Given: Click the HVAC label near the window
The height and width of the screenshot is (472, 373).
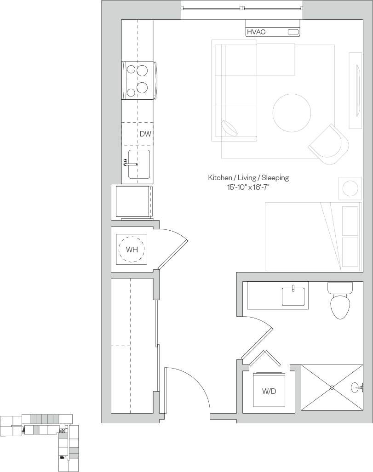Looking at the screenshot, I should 256,32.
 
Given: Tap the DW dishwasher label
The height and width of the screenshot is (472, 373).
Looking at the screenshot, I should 145,134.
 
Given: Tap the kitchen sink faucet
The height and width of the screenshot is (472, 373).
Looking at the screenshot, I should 129,163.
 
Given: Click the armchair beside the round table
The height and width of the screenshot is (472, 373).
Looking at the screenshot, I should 328,144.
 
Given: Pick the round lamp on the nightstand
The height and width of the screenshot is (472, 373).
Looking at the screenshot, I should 349,188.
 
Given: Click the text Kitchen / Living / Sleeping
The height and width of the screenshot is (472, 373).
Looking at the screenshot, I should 248,177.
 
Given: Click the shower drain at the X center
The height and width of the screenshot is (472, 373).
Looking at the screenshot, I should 332,387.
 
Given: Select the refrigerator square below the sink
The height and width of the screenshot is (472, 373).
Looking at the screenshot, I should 132,201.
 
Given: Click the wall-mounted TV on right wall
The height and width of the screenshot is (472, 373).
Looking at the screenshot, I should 357,90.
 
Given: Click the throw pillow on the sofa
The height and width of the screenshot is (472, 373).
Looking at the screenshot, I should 230,127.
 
